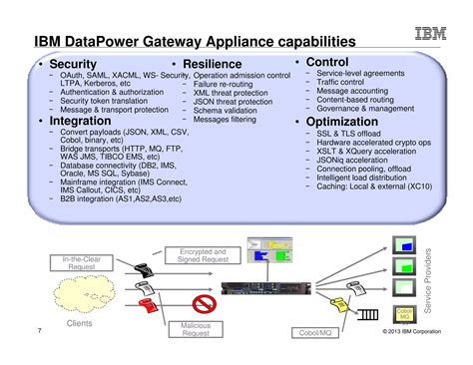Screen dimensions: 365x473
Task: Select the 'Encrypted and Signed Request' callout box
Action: [x=203, y=256]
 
